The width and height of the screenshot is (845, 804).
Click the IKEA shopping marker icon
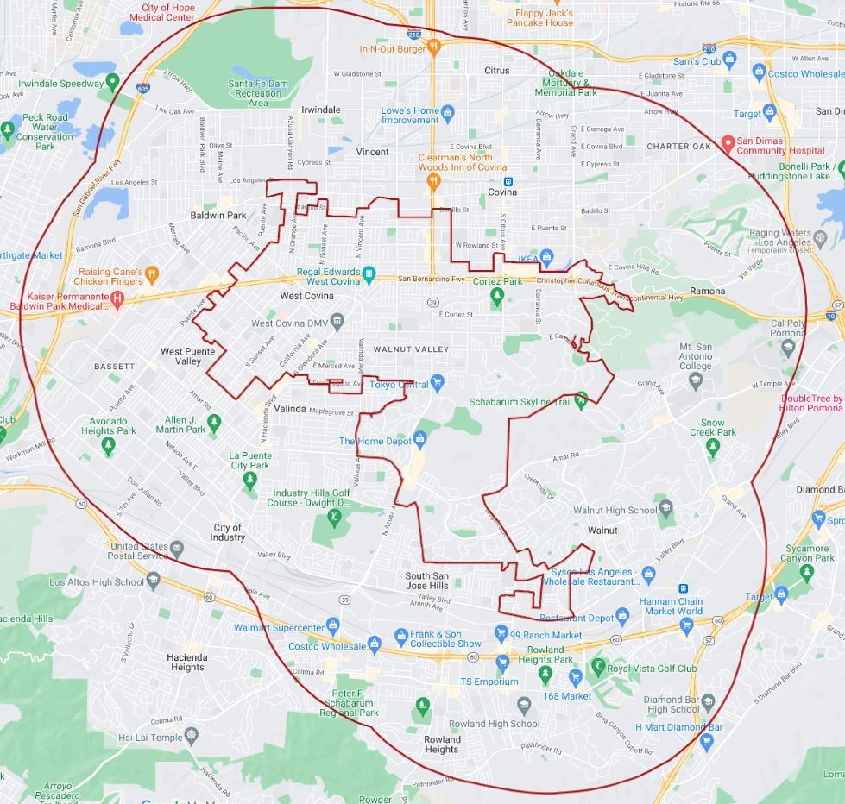click(546, 258)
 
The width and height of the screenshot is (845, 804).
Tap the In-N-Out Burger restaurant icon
click(435, 47)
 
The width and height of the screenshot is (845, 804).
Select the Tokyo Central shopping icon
click(438, 382)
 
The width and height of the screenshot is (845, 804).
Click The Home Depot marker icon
click(420, 439)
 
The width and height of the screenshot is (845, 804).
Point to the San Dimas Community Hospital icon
click(728, 142)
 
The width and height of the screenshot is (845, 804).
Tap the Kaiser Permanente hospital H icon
click(117, 298)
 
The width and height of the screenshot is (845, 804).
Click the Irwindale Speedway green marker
click(111, 82)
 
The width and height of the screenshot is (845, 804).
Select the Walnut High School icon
click(665, 508)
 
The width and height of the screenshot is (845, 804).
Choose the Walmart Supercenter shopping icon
click(333, 625)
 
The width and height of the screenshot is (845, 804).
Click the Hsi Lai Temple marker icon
click(191, 735)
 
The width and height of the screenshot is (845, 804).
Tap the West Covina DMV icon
click(337, 322)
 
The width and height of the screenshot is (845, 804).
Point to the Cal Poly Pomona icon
click(787, 346)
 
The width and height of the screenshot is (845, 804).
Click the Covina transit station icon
click(508, 181)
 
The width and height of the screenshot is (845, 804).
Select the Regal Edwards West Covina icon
click(369, 273)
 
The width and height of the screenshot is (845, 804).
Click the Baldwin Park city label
click(218, 215)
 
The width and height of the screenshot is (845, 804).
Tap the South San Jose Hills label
click(427, 581)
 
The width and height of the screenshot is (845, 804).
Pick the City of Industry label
click(228, 532)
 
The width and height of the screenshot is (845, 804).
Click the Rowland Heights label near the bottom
click(441, 744)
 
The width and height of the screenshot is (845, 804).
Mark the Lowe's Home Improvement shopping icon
click(447, 111)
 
